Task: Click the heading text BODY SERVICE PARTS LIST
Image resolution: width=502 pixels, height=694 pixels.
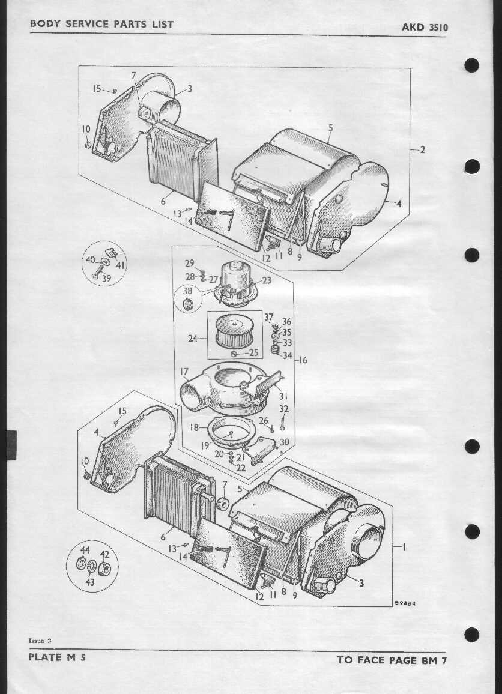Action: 101,25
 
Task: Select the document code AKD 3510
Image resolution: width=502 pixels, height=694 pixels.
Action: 425,28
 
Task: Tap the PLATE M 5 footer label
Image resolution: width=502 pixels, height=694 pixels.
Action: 57,657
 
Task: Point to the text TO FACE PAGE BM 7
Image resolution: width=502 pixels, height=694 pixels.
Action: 392,660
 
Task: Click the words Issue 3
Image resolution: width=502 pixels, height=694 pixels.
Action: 40,641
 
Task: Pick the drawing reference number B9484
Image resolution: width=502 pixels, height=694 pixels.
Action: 405,603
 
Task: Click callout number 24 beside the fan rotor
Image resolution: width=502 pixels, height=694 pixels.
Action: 193,339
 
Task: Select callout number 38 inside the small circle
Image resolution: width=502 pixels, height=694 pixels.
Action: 188,291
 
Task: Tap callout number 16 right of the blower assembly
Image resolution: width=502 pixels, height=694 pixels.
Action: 303,360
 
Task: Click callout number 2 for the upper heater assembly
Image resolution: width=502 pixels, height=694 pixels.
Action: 422,150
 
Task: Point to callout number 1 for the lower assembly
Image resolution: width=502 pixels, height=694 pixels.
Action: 404,548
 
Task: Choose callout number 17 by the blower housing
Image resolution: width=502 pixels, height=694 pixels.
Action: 184,372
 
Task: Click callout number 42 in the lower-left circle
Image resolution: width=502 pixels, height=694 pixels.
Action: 104,554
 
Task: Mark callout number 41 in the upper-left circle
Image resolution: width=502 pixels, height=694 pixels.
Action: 121,265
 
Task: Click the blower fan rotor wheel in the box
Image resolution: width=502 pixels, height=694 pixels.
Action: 235,331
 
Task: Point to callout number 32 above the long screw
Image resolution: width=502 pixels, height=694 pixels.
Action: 284,409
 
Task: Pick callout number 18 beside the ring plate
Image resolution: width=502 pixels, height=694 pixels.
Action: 195,428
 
